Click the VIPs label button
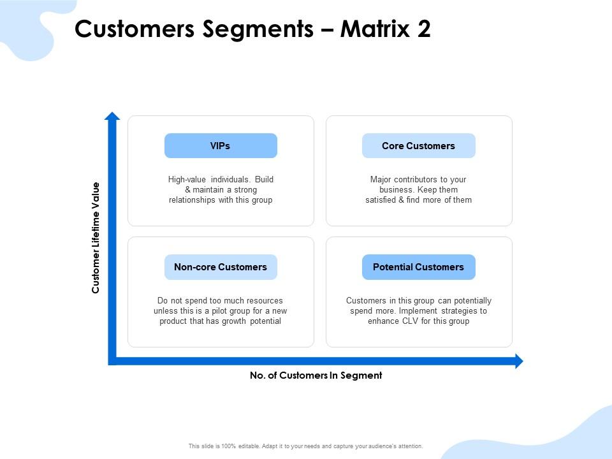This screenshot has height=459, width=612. [x=221, y=146]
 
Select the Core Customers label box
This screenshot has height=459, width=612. [x=418, y=146]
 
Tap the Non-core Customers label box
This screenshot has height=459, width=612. [x=221, y=267]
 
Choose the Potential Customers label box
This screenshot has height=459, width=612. [x=418, y=267]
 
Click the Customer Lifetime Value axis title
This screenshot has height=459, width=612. [x=96, y=238]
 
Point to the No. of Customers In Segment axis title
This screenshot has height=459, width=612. [x=316, y=375]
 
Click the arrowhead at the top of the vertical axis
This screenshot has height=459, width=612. [x=112, y=116]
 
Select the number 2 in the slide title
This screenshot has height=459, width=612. [x=424, y=29]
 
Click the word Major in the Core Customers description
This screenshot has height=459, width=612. [x=381, y=180]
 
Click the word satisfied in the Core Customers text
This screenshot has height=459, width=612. [x=381, y=200]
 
